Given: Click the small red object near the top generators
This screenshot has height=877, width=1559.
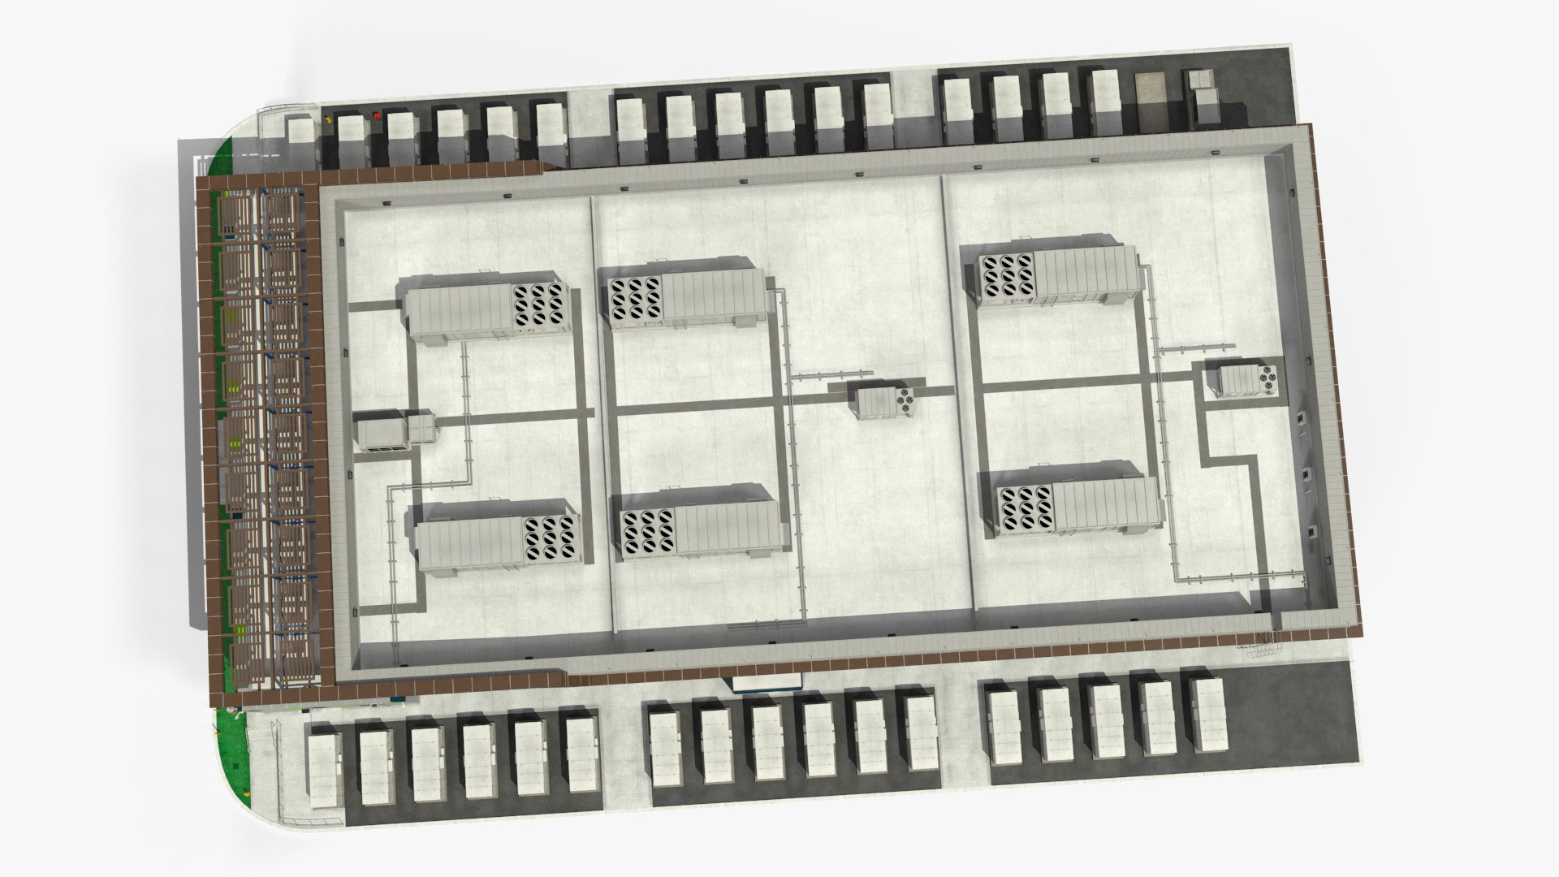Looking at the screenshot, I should [x=377, y=116].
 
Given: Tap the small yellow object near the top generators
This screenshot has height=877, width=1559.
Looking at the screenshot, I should [x=329, y=119].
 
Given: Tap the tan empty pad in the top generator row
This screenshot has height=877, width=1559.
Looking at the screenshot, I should [x=1149, y=102].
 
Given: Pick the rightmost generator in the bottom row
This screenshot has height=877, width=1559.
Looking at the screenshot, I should [x=1207, y=715].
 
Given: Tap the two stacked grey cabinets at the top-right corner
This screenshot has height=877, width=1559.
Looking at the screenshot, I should [x=1203, y=97].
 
